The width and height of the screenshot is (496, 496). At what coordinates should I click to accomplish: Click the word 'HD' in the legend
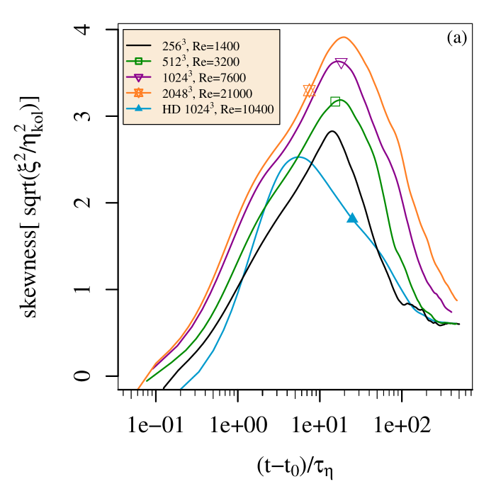click(171, 109)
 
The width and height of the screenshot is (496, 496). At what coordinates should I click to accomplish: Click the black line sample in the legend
click(139, 46)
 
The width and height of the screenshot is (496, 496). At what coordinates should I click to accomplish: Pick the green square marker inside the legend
click(139, 62)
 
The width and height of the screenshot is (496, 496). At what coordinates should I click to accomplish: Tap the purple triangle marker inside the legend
click(139, 77)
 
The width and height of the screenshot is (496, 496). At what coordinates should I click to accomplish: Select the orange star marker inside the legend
click(139, 93)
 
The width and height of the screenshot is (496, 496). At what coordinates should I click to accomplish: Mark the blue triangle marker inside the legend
click(139, 108)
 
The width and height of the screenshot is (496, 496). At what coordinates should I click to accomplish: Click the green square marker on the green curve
click(335, 102)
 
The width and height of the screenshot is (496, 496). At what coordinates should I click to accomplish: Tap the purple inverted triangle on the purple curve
click(341, 64)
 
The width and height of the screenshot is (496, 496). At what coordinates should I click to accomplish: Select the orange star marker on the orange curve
click(309, 91)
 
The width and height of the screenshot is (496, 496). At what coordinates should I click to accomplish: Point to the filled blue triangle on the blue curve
click(352, 218)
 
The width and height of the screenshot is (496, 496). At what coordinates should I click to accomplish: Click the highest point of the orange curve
click(343, 37)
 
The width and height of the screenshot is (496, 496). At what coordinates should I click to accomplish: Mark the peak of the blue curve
click(298, 157)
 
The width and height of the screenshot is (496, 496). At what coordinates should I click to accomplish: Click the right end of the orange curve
click(456, 300)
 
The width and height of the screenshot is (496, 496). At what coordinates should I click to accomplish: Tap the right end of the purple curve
click(452, 312)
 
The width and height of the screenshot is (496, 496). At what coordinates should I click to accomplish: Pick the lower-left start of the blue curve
click(181, 388)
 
